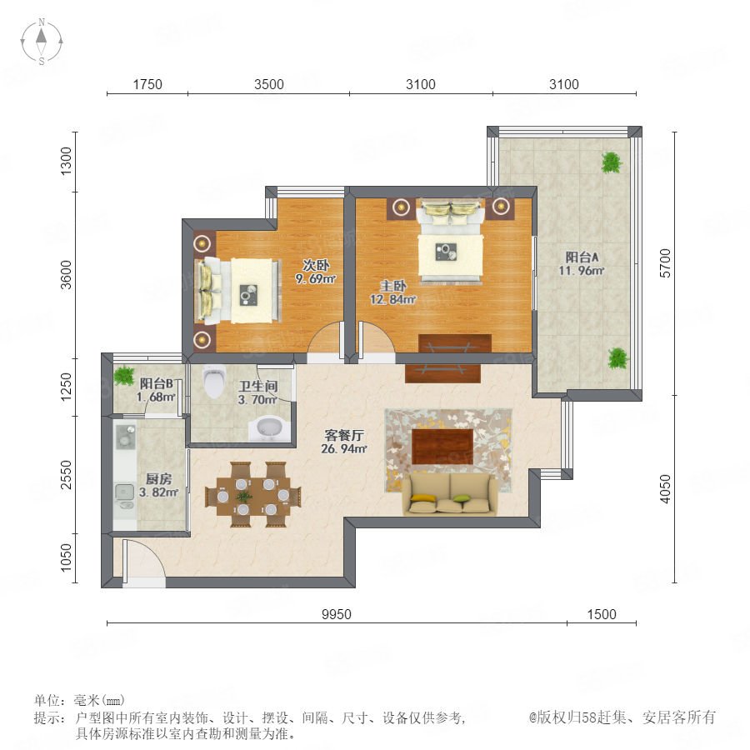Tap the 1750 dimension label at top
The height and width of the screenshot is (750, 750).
point(147,84)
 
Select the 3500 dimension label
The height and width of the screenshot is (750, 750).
point(269,84)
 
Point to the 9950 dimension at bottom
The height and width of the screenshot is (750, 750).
point(337,614)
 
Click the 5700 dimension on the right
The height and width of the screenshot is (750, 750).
point(665,263)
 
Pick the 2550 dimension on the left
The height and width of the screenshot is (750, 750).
point(66,474)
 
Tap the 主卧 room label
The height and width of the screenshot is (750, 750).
point(393,286)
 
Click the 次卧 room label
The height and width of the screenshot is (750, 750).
point(316,265)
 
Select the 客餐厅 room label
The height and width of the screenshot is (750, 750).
point(344,435)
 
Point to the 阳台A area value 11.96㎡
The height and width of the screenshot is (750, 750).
point(582,271)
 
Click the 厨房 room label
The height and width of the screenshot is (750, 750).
point(159,479)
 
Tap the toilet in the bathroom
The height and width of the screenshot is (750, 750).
point(213,381)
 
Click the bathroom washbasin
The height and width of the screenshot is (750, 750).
point(269,428)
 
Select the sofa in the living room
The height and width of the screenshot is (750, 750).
point(450,494)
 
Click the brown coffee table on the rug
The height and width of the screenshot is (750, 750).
point(442,447)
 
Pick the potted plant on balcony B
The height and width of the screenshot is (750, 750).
point(125,375)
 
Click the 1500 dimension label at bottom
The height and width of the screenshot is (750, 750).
point(602,614)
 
